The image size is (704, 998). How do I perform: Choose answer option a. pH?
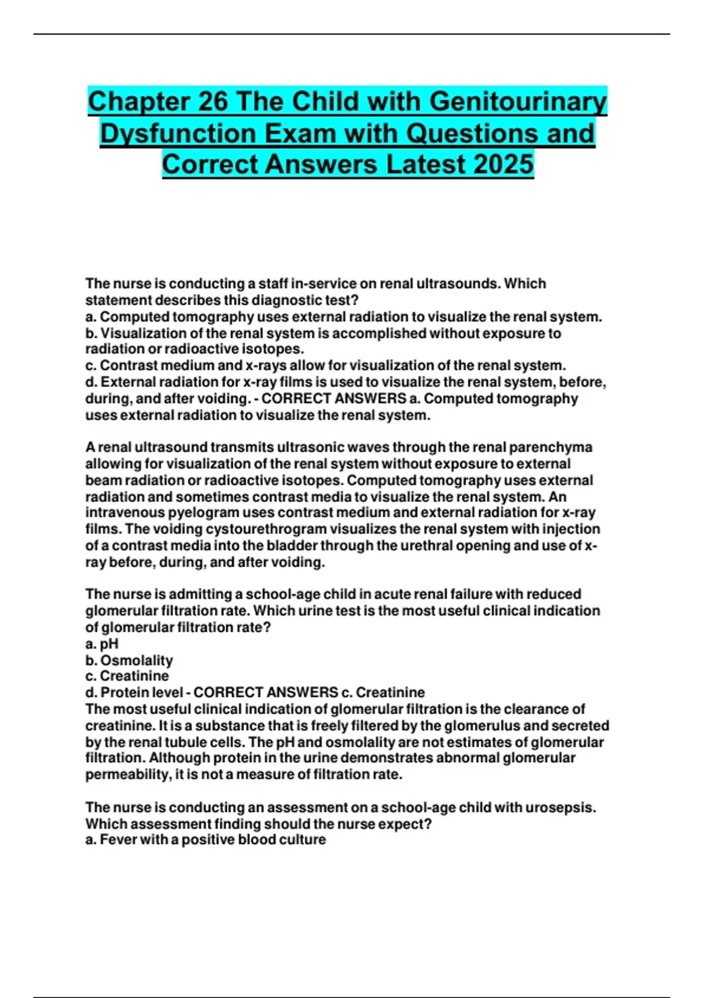pyautogui.click(x=102, y=644)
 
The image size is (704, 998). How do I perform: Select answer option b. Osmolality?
pyautogui.click(x=130, y=660)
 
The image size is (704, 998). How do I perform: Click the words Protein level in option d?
pyautogui.click(x=141, y=693)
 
